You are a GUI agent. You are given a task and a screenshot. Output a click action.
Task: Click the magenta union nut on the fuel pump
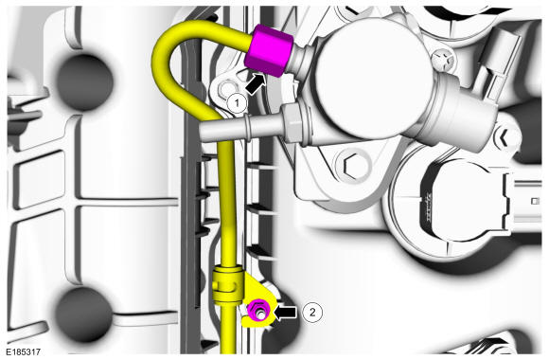point(270,50)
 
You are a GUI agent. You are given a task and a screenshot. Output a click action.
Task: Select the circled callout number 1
point(237,103)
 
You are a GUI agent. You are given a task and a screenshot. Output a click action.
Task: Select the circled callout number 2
point(312,312)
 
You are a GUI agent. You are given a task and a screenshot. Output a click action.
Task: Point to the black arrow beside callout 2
point(285,312)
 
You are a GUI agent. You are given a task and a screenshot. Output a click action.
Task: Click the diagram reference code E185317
point(23,351)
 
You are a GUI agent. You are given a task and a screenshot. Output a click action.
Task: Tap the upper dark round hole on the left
point(84,82)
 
